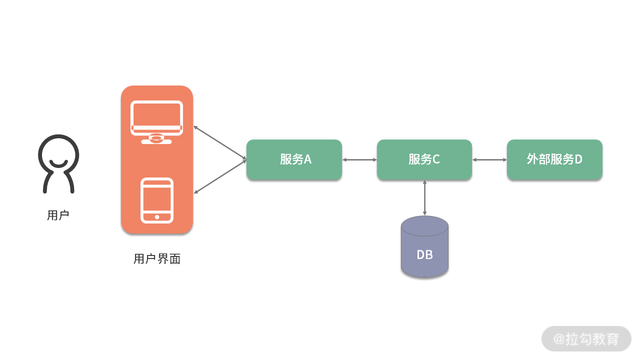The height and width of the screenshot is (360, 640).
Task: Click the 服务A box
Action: [x=294, y=159]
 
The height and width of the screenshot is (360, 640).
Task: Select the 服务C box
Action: [x=424, y=159]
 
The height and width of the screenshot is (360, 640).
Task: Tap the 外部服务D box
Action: [x=554, y=159]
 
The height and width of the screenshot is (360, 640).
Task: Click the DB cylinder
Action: [x=424, y=247]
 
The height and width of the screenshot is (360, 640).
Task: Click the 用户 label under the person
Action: [x=58, y=215]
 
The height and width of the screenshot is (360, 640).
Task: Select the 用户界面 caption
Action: [x=157, y=259]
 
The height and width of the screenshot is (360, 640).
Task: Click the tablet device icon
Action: [x=157, y=200]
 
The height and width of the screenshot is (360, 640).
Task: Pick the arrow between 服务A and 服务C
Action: [x=359, y=160]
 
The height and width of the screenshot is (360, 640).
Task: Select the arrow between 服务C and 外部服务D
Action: [x=489, y=160]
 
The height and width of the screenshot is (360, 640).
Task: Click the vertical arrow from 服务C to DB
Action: [x=424, y=198]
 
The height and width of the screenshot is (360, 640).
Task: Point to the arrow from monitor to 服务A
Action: [x=220, y=143]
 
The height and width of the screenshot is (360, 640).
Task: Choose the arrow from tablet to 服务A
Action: [x=220, y=176]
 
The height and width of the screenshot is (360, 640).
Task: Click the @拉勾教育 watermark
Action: [x=586, y=339]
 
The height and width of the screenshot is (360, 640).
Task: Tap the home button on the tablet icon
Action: [x=157, y=217]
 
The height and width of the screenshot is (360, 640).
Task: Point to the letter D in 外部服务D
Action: [x=578, y=159]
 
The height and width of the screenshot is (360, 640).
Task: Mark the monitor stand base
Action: [x=156, y=141]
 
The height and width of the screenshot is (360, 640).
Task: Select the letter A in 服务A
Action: [x=307, y=159]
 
